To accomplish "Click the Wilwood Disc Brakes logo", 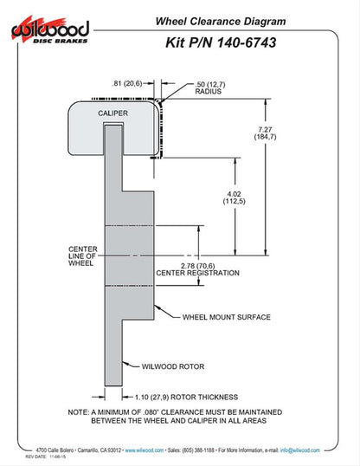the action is click(50, 29).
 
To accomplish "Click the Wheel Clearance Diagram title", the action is click(221, 22).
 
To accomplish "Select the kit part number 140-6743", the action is click(247, 42).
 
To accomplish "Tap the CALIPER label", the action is click(112, 113).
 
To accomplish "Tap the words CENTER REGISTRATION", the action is click(197, 273).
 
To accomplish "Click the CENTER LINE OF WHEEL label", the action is click(82, 256).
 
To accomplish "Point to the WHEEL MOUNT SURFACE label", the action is click(227, 317).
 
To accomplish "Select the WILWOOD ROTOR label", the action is click(173, 366).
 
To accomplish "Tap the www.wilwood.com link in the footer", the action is click(144, 450).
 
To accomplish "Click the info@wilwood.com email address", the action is click(300, 450).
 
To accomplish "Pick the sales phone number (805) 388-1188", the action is click(198, 450).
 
